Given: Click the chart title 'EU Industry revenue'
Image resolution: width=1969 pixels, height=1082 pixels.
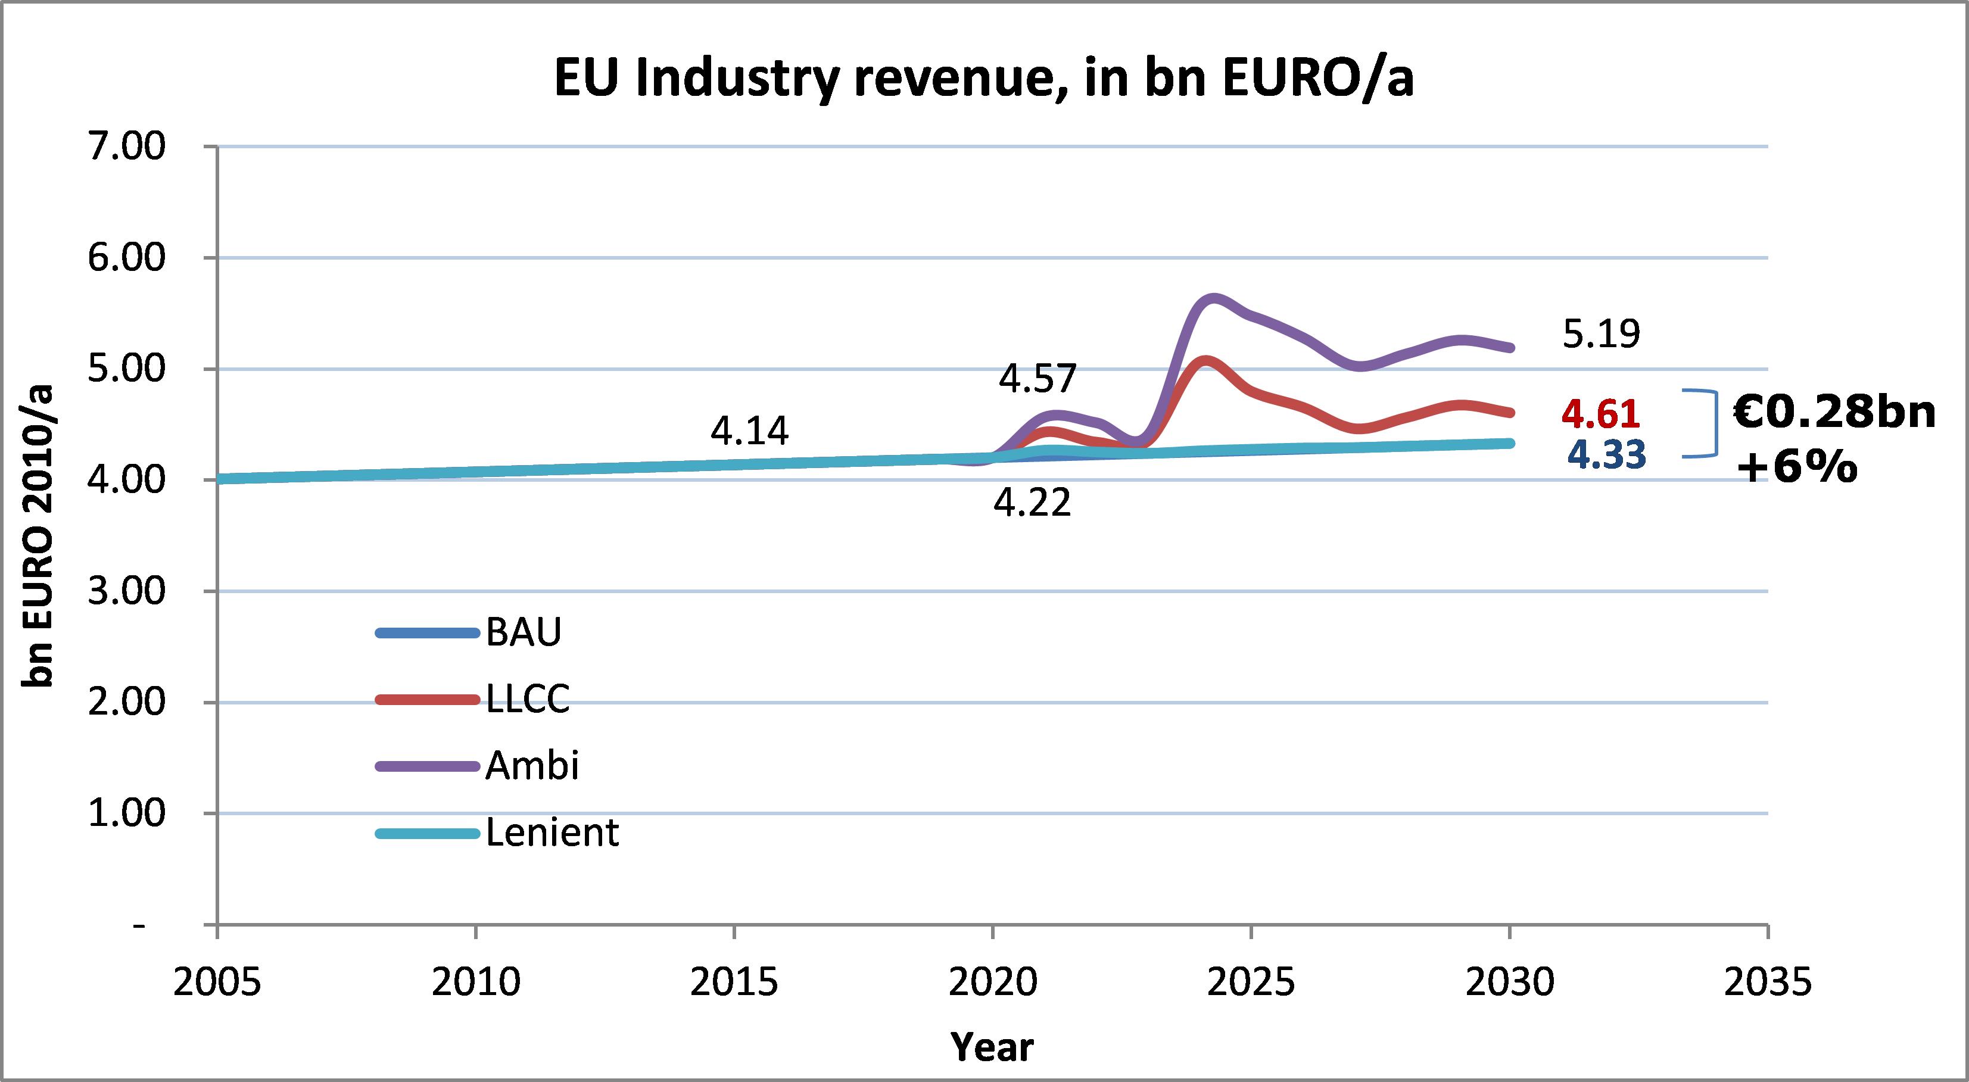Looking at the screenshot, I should tap(983, 79).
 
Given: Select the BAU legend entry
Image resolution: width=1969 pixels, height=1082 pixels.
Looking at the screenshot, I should tap(524, 632).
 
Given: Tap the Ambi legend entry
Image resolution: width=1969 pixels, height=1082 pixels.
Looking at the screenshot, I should tap(532, 765).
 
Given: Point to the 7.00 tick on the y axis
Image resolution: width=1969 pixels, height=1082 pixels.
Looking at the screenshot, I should tap(127, 146).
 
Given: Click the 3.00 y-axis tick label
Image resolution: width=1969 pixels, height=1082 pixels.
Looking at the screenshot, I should tap(127, 591).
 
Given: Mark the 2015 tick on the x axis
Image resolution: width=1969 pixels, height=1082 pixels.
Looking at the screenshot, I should tap(734, 983).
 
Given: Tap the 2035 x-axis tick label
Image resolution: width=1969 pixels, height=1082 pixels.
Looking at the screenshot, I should tap(1768, 983).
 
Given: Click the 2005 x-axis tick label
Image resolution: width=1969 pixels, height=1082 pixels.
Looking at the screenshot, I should tap(217, 983).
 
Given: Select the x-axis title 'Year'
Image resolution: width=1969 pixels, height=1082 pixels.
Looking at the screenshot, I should tap(992, 1047).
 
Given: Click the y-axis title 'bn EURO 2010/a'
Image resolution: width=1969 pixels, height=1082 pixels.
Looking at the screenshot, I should tap(37, 535).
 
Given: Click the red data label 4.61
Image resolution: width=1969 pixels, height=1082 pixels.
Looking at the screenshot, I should tap(1600, 414).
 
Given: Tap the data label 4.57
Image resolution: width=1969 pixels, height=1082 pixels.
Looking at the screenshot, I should tap(1038, 378).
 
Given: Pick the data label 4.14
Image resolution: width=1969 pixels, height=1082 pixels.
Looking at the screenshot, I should tap(749, 431).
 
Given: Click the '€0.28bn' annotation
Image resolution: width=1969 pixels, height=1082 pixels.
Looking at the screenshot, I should tap(1834, 413).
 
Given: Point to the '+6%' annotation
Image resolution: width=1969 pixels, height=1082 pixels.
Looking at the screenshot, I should tap(1796, 466).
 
